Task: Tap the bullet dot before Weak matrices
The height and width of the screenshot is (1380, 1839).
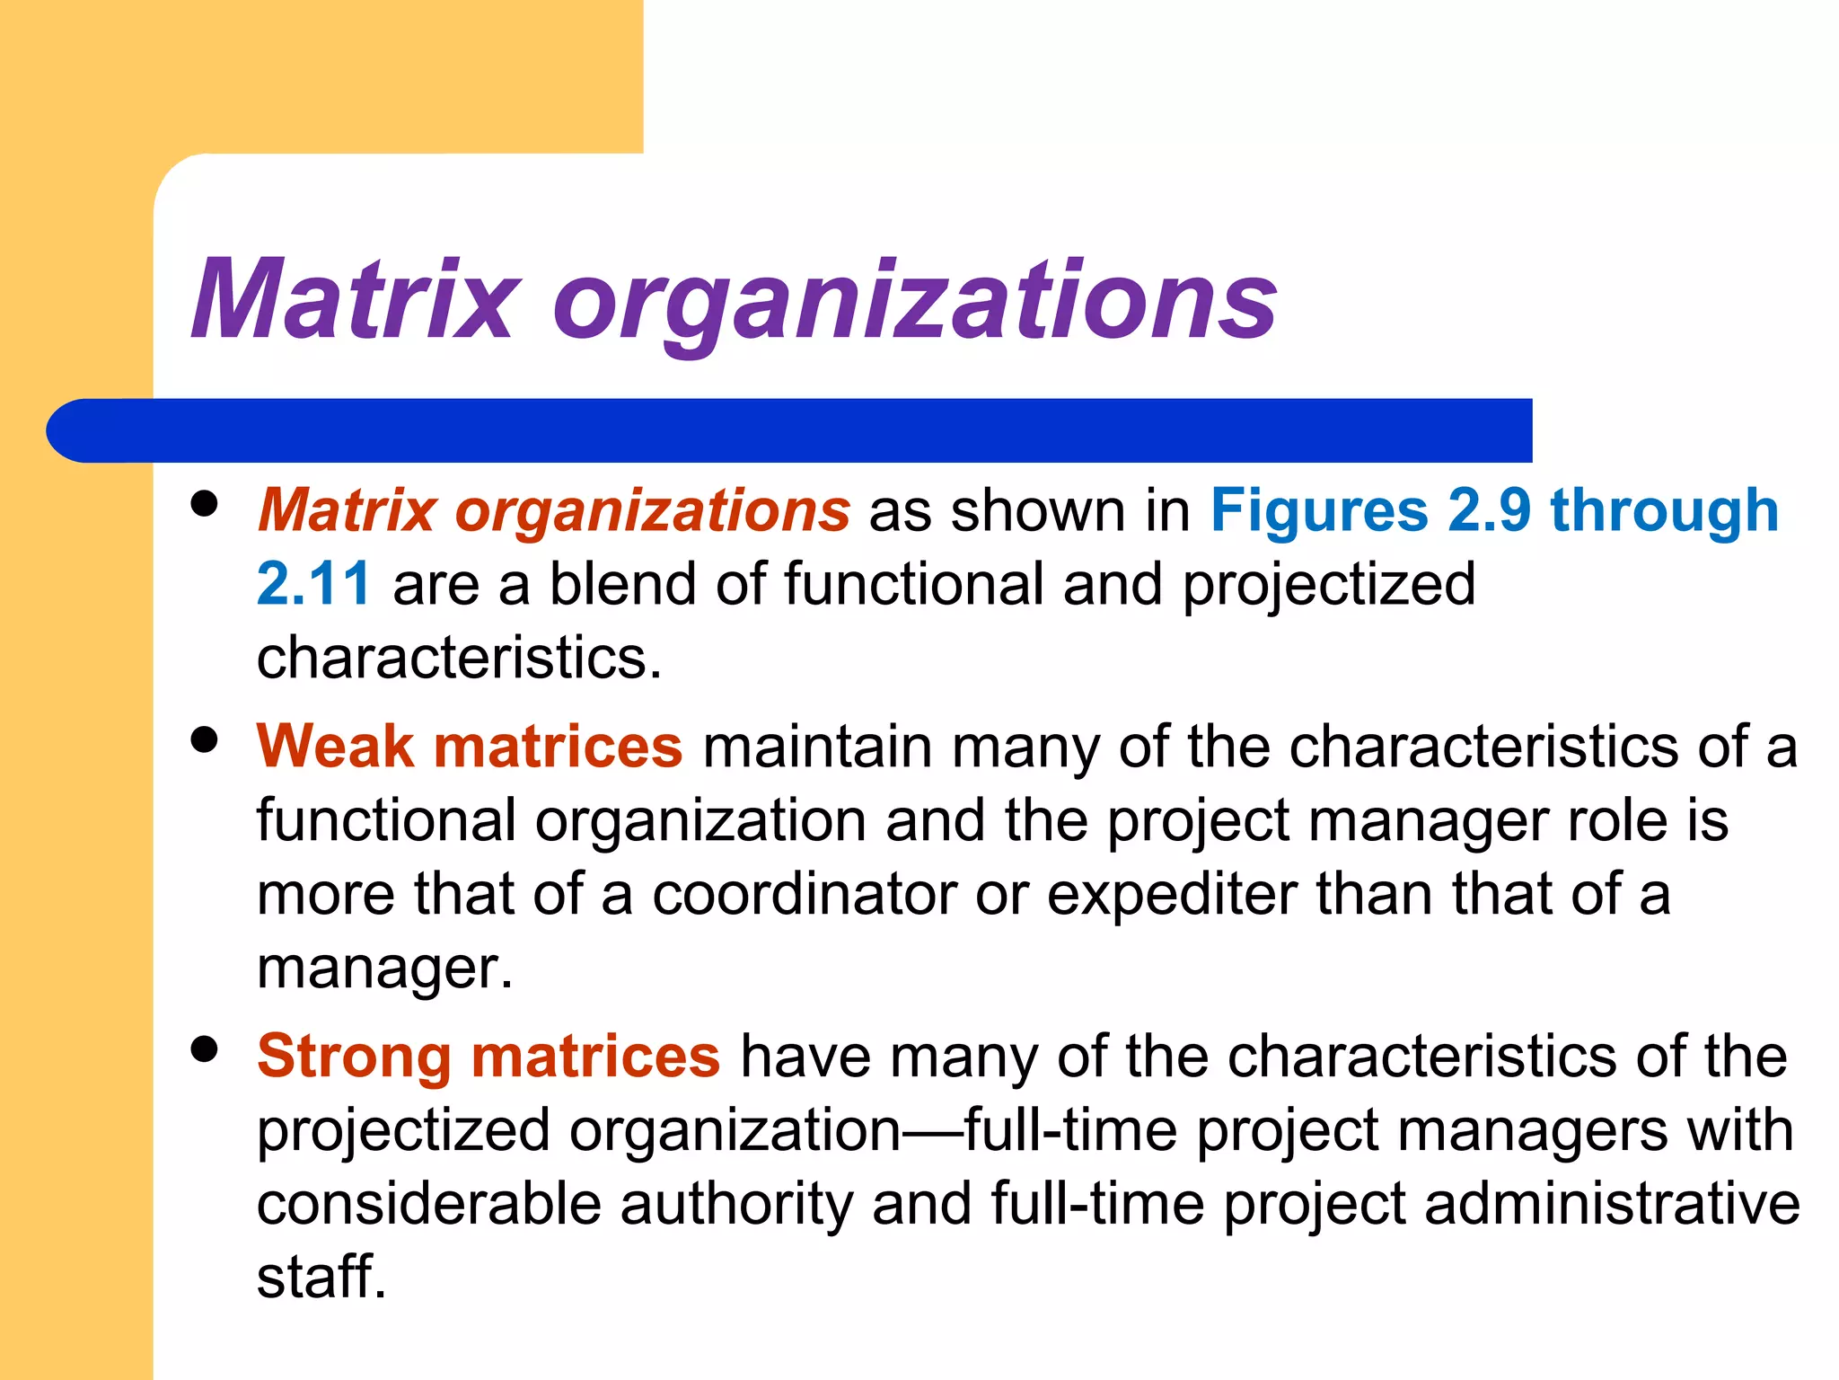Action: (x=205, y=740)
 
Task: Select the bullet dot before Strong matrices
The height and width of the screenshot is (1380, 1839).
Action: (x=205, y=1048)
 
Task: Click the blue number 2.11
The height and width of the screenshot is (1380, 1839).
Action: (x=312, y=584)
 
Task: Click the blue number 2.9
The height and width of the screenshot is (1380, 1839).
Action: (x=1488, y=510)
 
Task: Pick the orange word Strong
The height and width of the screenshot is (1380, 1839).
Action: (x=354, y=1057)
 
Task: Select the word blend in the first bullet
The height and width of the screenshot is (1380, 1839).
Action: (x=622, y=584)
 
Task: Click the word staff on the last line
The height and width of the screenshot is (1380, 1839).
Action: (x=321, y=1277)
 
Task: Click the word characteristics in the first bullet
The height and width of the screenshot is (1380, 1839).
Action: (x=458, y=658)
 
